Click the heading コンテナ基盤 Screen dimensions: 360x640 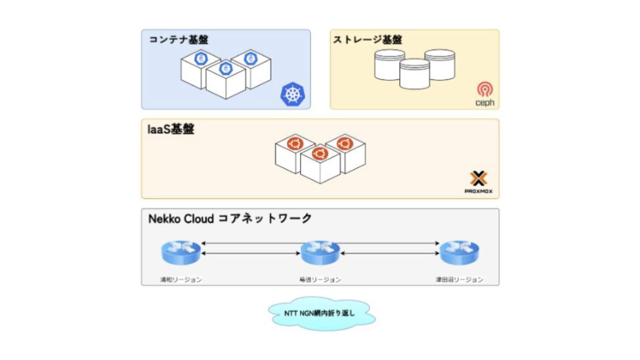(178, 40)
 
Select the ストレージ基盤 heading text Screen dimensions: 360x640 (368, 40)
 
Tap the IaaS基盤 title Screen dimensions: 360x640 (171, 130)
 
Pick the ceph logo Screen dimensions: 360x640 (484, 94)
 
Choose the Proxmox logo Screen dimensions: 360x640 (479, 183)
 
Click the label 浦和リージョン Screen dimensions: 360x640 (181, 280)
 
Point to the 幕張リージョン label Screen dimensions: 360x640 (320, 280)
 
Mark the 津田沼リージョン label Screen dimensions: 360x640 (459, 280)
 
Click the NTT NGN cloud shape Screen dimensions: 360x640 (320, 313)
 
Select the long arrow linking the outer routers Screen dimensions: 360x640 (267, 243)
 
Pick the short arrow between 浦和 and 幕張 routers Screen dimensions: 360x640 (251, 254)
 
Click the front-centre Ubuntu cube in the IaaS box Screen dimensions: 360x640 (320, 164)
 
